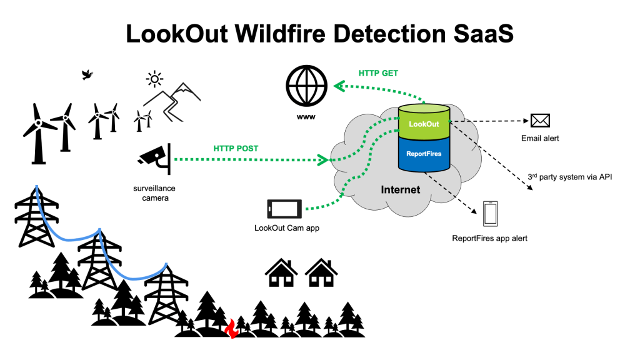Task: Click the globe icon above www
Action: point(306,86)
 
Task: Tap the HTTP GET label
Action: point(378,74)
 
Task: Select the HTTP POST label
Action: point(236,149)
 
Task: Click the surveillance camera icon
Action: point(155,159)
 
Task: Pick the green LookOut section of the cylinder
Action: point(424,122)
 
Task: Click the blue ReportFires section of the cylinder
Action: point(424,154)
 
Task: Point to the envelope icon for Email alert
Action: point(540,121)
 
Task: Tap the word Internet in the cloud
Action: point(401,190)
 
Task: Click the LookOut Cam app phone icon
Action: point(284,209)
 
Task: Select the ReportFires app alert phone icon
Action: point(490,214)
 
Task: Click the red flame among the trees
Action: point(232,329)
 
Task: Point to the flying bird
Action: point(87,75)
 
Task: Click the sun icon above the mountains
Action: point(154,79)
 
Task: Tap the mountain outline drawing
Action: point(172,102)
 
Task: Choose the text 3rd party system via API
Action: point(570,177)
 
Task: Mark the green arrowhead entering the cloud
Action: point(323,159)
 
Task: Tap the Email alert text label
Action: point(540,138)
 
